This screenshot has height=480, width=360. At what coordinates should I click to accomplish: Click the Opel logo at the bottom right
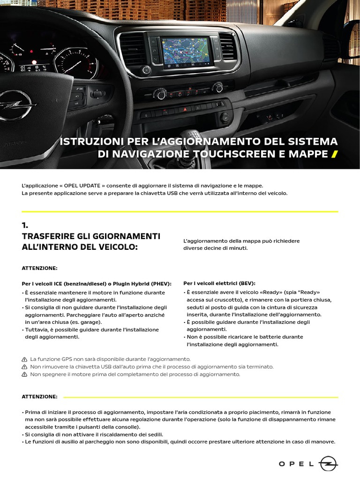(x=329, y=464)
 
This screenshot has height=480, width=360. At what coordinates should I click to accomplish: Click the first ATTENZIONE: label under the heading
(x=39, y=268)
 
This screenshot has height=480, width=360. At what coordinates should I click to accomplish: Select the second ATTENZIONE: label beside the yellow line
(x=39, y=397)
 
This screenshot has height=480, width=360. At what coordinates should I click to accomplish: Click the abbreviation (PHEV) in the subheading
(x=160, y=284)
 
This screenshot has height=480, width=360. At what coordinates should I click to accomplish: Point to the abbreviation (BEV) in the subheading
(x=246, y=284)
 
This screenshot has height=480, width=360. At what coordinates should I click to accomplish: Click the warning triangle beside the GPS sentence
(x=24, y=359)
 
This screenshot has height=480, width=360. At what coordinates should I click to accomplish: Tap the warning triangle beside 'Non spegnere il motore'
(x=24, y=375)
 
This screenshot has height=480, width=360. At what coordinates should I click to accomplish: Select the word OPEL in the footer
(x=297, y=464)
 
